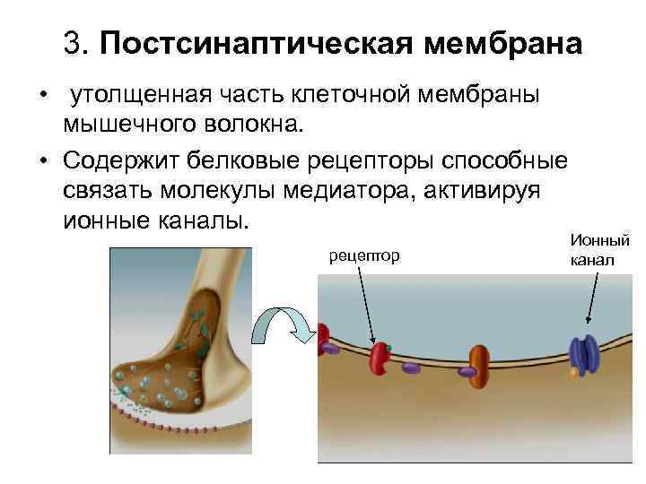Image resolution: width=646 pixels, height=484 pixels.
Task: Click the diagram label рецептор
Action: pyautogui.click(x=363, y=256)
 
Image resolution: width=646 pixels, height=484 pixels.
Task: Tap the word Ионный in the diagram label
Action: pyautogui.click(x=599, y=241)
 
